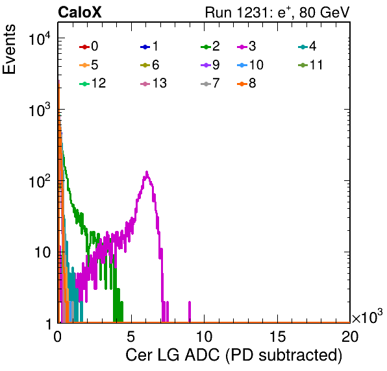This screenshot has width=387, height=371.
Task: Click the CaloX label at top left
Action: (x=80, y=12)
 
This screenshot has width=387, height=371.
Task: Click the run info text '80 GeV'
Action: (x=324, y=12)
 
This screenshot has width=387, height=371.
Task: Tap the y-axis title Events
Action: (x=9, y=49)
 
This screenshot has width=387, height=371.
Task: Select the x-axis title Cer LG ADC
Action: (x=173, y=355)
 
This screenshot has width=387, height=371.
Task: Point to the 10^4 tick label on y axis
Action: (x=40, y=39)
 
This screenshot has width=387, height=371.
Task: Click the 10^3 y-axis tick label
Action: (x=40, y=110)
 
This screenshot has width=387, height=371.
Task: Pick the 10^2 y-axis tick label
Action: (x=40, y=182)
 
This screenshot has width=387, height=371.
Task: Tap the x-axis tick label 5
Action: (x=131, y=336)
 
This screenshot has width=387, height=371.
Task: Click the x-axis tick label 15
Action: (x=277, y=336)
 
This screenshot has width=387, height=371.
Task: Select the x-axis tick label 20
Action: (x=350, y=336)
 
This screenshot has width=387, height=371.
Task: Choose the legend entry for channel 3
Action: (x=246, y=46)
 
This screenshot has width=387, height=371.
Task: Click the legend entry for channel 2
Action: (x=210, y=46)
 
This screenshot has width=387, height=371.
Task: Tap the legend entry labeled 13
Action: (x=153, y=83)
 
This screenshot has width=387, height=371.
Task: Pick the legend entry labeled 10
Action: (x=250, y=65)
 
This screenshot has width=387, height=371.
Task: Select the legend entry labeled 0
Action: (x=88, y=46)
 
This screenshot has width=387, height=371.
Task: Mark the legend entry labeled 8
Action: (x=246, y=83)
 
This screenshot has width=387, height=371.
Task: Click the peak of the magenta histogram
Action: (x=147, y=172)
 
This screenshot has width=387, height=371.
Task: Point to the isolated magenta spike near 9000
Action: (x=190, y=311)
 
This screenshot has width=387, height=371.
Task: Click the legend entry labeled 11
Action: (x=310, y=65)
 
